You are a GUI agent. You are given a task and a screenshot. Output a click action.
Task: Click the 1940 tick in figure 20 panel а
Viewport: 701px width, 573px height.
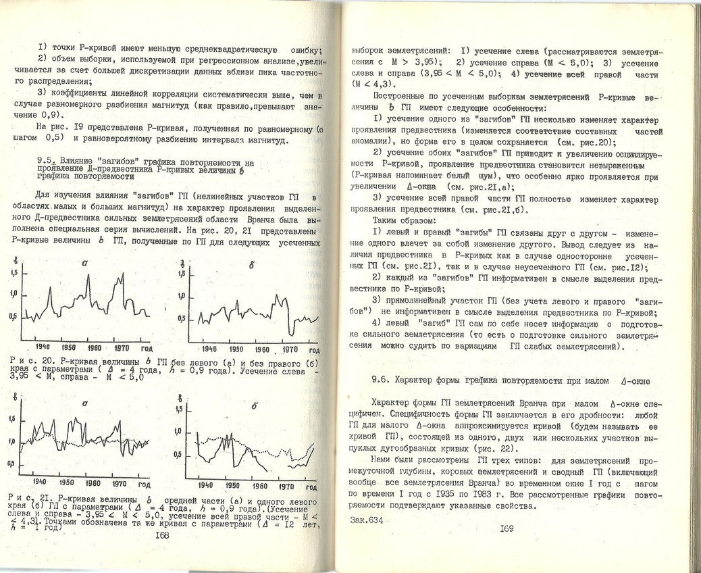click(x=34, y=347)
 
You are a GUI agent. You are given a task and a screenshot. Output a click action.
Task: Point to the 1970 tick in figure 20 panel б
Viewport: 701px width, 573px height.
click(x=290, y=349)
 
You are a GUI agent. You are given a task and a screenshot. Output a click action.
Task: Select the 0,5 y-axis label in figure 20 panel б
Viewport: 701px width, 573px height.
click(x=180, y=318)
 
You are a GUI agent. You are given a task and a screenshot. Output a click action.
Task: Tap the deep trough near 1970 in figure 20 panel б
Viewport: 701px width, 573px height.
click(x=290, y=334)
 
